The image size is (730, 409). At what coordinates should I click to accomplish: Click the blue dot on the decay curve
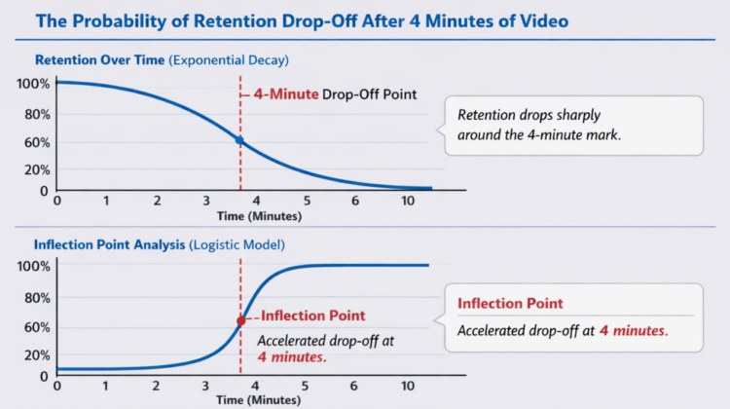[x=239, y=141]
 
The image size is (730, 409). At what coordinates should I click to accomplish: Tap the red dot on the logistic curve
[x=240, y=320]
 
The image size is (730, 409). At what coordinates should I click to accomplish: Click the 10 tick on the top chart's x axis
[x=407, y=200]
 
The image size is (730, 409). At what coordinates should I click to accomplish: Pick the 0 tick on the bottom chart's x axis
[x=56, y=386]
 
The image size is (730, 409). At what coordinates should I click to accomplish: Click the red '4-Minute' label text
[x=284, y=94]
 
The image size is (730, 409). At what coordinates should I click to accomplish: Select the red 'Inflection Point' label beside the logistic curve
[x=312, y=316]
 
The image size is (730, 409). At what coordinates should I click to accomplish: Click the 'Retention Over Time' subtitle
[x=98, y=60]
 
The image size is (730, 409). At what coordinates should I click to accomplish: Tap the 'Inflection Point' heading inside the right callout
[x=510, y=304]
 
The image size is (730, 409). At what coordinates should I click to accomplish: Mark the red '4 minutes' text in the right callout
[x=633, y=331]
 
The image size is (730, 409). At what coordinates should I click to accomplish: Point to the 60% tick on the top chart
[x=35, y=142]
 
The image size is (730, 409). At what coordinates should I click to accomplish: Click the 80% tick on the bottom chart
[x=35, y=298]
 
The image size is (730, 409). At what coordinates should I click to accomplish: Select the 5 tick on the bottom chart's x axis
[x=307, y=386]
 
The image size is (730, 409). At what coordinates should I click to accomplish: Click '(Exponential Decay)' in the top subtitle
[x=229, y=60]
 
